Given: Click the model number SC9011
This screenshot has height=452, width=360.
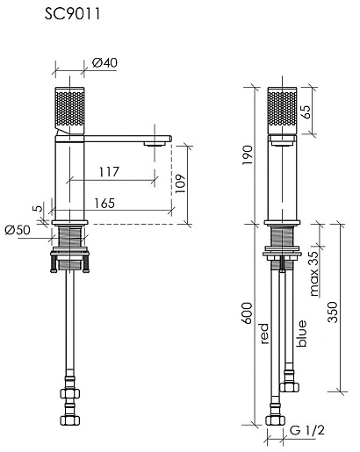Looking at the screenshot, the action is pyautogui.click(x=72, y=14).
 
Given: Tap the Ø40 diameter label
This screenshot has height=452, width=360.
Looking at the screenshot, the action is pyautogui.click(x=104, y=62).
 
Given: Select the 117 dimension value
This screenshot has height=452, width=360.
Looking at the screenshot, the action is pyautogui.click(x=109, y=172).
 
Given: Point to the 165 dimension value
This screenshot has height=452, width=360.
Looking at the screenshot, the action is pyautogui.click(x=104, y=204).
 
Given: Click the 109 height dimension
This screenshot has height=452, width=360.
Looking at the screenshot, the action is pyautogui.click(x=181, y=183).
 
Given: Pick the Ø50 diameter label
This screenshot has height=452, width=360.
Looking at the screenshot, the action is pyautogui.click(x=18, y=230).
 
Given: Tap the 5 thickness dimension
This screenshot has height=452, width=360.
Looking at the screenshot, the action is pyautogui.click(x=38, y=209).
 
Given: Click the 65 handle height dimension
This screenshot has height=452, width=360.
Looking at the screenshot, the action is pyautogui.click(x=306, y=111).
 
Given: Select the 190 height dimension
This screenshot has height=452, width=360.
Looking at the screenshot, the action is pyautogui.click(x=248, y=154).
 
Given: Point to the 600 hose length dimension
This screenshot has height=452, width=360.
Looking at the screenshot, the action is pyautogui.click(x=248, y=313).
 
